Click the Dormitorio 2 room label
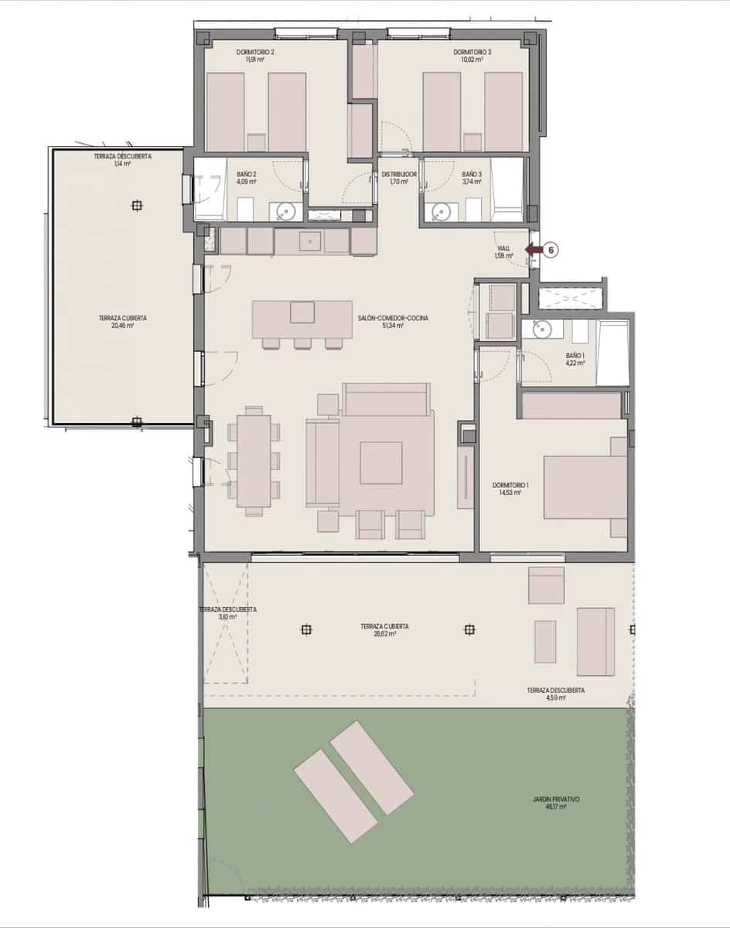[x=255, y=56]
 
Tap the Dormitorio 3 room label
[x=472, y=56]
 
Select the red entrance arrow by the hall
[x=532, y=249]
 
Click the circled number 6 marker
[x=551, y=249]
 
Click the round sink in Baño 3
[x=442, y=210]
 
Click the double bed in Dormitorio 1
[x=585, y=487]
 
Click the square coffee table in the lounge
[x=380, y=462]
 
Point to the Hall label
[x=503, y=251]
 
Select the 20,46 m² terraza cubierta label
[x=123, y=322]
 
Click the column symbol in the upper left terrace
[x=137, y=206]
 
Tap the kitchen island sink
[x=302, y=312]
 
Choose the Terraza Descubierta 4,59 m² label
[x=555, y=694]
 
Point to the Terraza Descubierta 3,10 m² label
[x=227, y=612]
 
